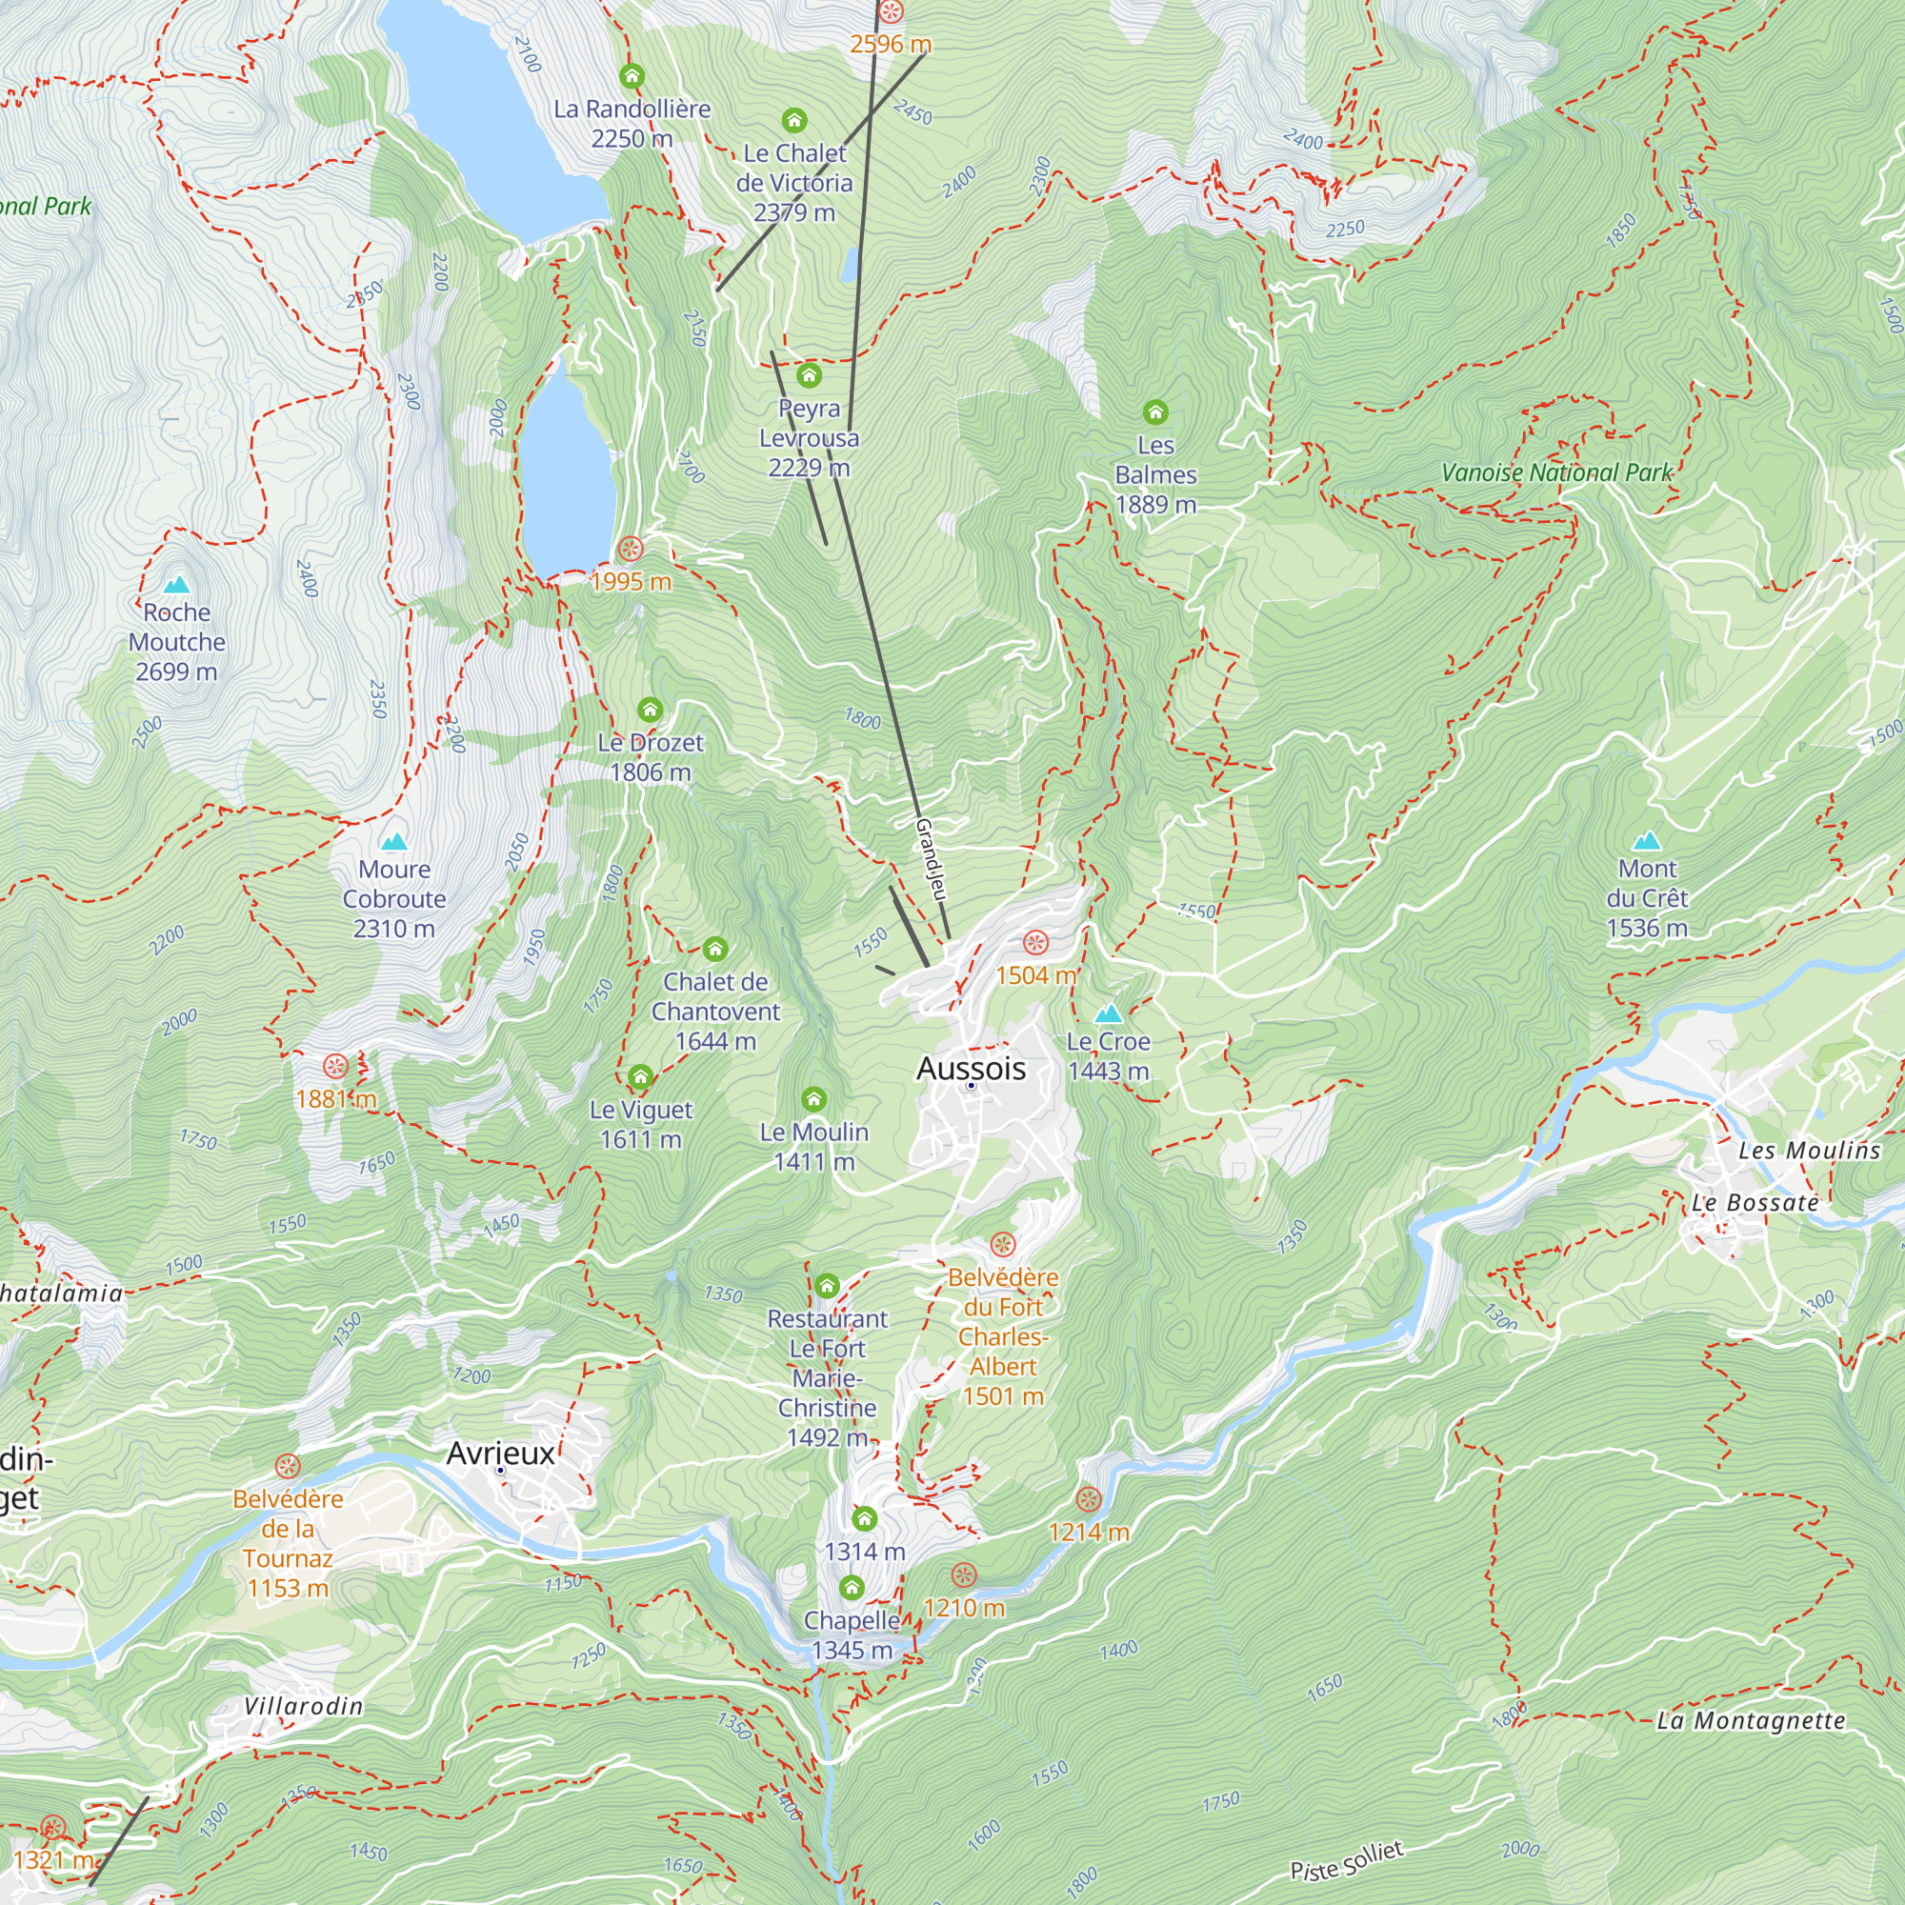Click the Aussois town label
coord(972,1069)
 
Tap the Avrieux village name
coord(501,1454)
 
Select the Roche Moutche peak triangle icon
coord(176,586)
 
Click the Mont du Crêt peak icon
coord(1647,842)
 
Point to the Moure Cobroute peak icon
coord(394,842)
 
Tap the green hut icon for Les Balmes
coord(1155,412)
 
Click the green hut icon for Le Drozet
coord(650,710)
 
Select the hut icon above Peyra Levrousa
coord(810,375)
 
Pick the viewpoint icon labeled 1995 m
coord(630,550)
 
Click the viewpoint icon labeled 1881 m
coord(336,1066)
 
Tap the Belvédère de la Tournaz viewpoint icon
coord(287,1466)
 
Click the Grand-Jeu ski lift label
coord(931,859)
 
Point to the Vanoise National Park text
coord(1557,473)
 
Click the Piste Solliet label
coord(1346,1860)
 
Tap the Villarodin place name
coord(304,1707)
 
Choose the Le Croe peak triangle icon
coord(1109,1013)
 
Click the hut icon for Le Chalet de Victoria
coord(794,121)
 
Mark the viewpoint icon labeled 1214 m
coord(1089,1500)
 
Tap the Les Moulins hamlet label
coord(1809,1151)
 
